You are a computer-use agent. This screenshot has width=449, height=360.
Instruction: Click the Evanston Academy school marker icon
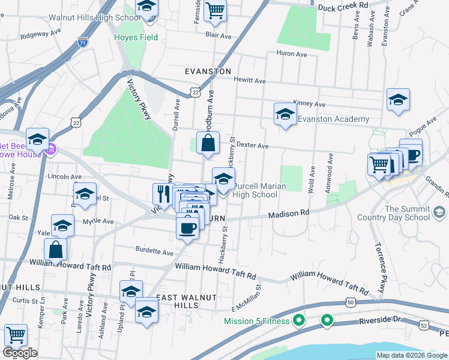point(286,113)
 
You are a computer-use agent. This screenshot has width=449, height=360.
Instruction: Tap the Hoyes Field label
point(136,37)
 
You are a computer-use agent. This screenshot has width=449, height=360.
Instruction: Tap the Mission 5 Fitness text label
point(256,321)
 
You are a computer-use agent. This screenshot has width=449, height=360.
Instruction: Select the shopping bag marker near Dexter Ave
point(208,143)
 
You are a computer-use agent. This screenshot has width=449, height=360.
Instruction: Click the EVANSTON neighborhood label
point(208,71)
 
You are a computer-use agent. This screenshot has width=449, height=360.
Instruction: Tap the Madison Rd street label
point(288,214)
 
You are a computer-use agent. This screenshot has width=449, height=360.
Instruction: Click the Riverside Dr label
point(384,321)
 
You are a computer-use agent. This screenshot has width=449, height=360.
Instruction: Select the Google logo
point(20,353)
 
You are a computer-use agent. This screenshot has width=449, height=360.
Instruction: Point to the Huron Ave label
point(292,54)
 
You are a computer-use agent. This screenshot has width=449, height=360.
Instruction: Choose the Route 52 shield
point(424,325)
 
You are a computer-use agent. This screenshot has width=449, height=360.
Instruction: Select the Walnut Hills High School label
point(94,17)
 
